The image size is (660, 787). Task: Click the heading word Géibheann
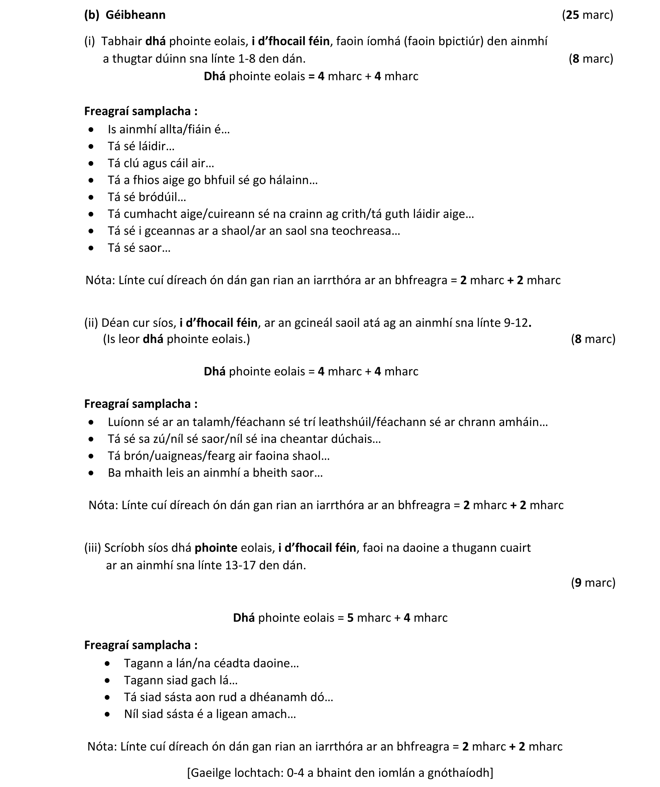(x=136, y=15)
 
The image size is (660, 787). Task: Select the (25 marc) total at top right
(x=587, y=15)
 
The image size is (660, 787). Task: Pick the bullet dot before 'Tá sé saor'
(x=91, y=248)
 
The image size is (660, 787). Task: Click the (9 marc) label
(x=593, y=582)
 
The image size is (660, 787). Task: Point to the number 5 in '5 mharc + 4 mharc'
(x=350, y=618)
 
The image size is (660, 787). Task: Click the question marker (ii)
(x=91, y=323)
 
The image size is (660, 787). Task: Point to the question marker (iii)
(x=93, y=548)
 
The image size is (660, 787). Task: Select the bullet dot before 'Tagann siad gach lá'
(x=108, y=680)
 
